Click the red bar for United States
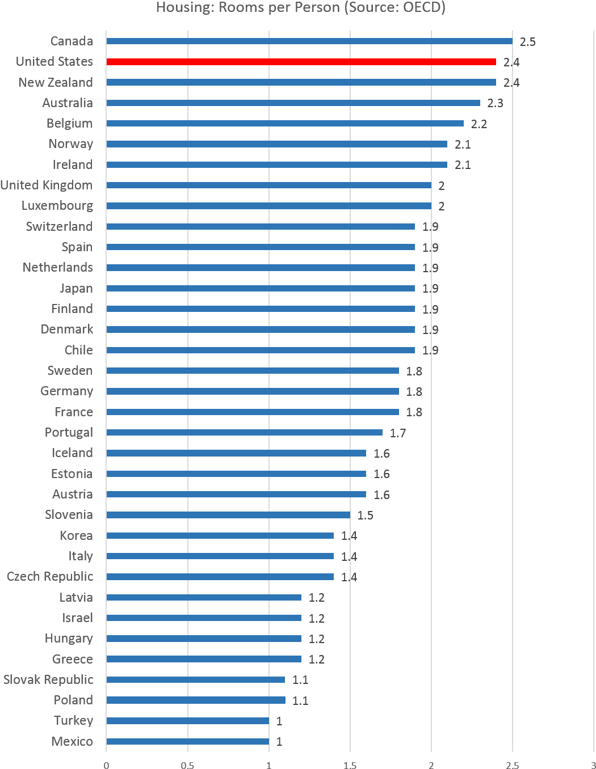pos(301,62)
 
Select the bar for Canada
pos(309,41)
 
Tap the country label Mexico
pos(72,741)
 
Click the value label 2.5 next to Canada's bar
pos(527,42)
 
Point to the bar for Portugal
pos(244,433)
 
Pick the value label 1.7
pos(398,433)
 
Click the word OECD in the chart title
pos(422,7)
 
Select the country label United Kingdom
pos(47,185)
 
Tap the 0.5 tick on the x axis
pos(187,765)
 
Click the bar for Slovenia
pos(228,515)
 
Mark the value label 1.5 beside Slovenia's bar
pos(365,516)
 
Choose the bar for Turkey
pos(187,721)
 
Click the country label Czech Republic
pos(50,577)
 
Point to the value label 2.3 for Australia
pos(495,103)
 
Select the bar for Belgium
pos(285,124)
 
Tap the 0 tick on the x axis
pos(106,765)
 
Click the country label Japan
pos(76,289)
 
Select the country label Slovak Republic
pos(48,679)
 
